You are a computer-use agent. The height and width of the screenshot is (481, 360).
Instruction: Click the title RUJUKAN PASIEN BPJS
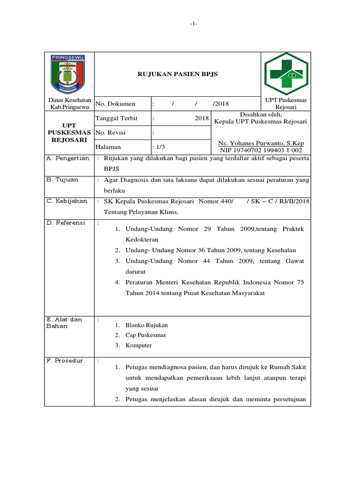coord(177,74)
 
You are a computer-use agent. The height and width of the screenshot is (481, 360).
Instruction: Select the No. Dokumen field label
coord(116,104)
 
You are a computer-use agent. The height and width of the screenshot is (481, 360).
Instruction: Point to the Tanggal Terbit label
coord(117,118)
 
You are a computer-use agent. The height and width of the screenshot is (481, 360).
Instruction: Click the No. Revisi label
coord(111,133)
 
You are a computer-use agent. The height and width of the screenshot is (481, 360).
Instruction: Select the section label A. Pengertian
coord(67,158)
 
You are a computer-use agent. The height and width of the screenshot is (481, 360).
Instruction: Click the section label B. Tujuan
coord(62,179)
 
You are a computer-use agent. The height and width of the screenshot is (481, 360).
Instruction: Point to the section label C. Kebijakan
coord(67,201)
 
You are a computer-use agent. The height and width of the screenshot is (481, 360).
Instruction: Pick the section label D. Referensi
coord(67,222)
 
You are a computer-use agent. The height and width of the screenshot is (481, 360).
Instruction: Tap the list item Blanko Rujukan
coord(146,325)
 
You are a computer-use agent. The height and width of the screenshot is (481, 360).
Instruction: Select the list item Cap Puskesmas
coord(145,335)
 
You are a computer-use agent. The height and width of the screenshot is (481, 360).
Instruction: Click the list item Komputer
coord(139,345)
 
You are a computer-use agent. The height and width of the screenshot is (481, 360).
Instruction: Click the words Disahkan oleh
coord(260,114)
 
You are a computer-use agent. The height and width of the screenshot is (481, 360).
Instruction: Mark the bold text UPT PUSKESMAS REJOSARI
coord(69,133)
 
